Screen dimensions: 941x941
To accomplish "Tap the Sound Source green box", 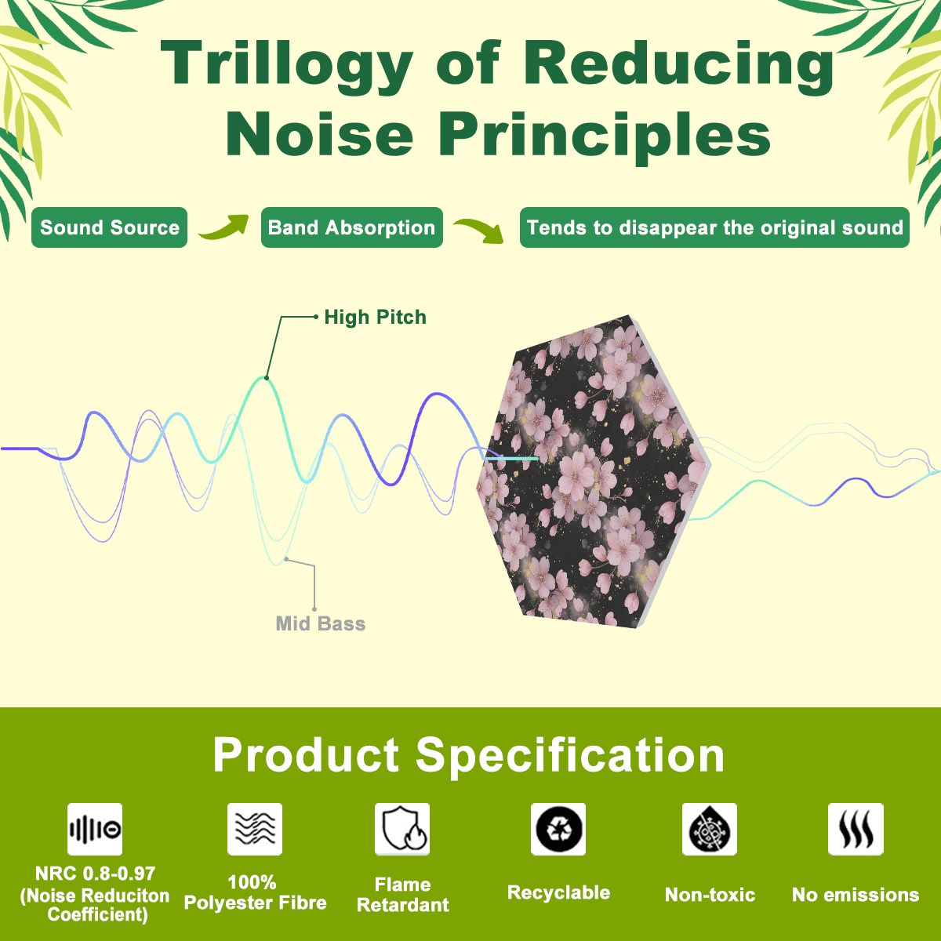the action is pyautogui.click(x=109, y=227).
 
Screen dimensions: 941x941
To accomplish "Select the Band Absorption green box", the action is pyautogui.click(x=351, y=227).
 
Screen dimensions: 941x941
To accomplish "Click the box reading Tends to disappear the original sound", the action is pyautogui.click(x=714, y=227).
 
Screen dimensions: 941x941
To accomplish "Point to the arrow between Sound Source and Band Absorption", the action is pyautogui.click(x=224, y=227).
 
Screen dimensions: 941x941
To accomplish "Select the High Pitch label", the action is pyautogui.click(x=375, y=318).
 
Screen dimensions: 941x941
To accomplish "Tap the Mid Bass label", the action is pyautogui.click(x=321, y=623).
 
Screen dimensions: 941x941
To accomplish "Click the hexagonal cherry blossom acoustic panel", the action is pyautogui.click(x=594, y=471).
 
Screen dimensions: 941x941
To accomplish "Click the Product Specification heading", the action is pyautogui.click(x=469, y=755).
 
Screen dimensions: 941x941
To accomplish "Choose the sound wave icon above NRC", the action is pyautogui.click(x=95, y=829).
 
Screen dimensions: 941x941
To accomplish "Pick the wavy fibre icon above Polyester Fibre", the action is pyautogui.click(x=254, y=829).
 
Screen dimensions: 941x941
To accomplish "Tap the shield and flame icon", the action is pyautogui.click(x=402, y=829).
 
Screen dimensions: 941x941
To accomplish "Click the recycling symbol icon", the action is pyautogui.click(x=558, y=829).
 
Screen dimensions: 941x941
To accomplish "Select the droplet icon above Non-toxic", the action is pyautogui.click(x=710, y=829).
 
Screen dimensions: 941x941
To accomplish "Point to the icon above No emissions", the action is pyautogui.click(x=856, y=829).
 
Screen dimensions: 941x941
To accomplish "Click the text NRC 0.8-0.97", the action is pyautogui.click(x=95, y=873).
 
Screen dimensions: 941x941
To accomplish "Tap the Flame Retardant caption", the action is pyautogui.click(x=403, y=895).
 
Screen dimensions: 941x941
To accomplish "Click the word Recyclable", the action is pyautogui.click(x=558, y=892).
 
